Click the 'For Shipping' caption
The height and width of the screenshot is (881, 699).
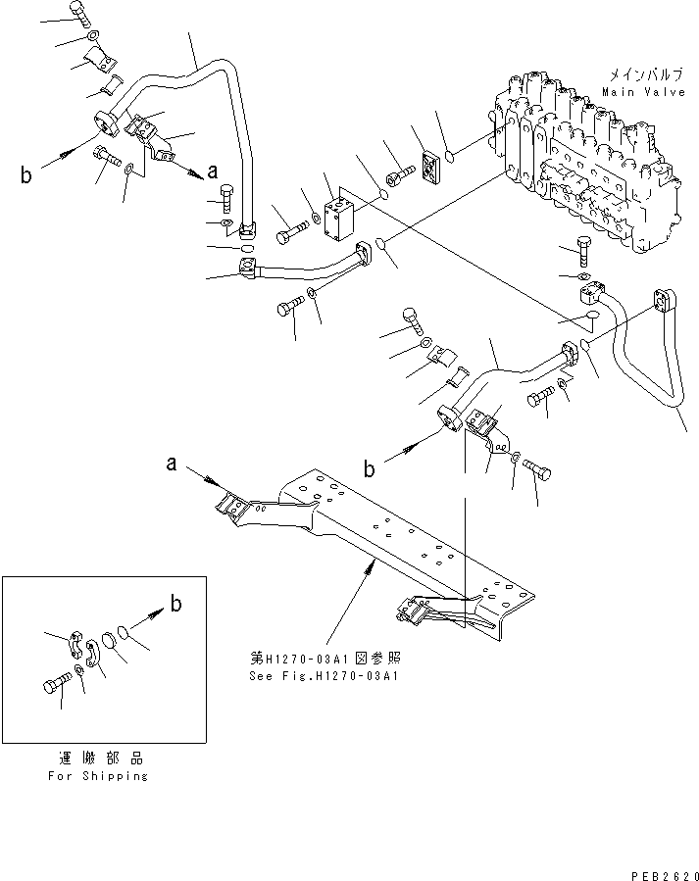(98, 775)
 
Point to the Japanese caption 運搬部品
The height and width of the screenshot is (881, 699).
(98, 759)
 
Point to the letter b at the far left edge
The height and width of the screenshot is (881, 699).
(25, 176)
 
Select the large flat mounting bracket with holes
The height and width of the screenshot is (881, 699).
(392, 549)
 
